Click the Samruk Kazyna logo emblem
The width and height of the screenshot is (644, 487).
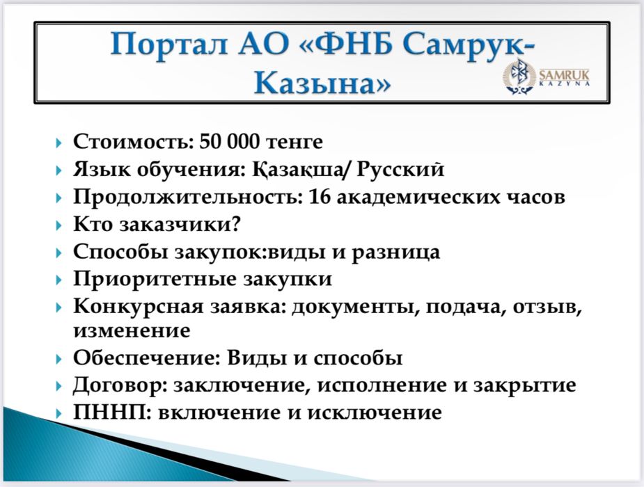[x=519, y=77]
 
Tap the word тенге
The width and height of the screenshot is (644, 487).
[x=297, y=142]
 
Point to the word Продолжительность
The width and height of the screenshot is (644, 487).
[x=185, y=197]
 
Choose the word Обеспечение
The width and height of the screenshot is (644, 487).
[x=146, y=358]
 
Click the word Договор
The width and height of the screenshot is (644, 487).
[x=119, y=385]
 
